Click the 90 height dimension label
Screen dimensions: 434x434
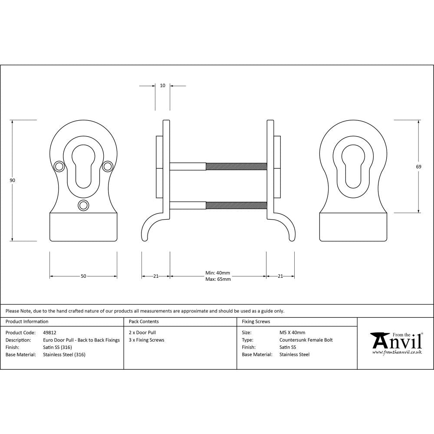13,180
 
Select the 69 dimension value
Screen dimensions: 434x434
419,166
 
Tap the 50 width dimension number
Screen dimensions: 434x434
83,276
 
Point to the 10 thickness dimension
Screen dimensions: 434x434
162,85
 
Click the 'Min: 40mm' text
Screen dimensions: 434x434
217,273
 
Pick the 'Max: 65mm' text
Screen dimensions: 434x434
217,279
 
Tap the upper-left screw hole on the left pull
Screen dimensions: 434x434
59,166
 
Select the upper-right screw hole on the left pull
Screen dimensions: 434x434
108,166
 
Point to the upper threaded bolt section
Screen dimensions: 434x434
236,166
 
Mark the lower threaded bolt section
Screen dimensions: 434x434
236,205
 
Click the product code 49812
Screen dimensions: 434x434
50,333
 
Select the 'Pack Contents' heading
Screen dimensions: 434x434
144,322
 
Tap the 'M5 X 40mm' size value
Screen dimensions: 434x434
293,333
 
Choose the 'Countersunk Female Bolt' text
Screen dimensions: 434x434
306,340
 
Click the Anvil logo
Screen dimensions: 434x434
396,343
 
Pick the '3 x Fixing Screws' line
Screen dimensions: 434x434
147,340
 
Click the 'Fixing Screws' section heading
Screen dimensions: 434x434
256,322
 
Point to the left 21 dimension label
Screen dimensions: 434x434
156,276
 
